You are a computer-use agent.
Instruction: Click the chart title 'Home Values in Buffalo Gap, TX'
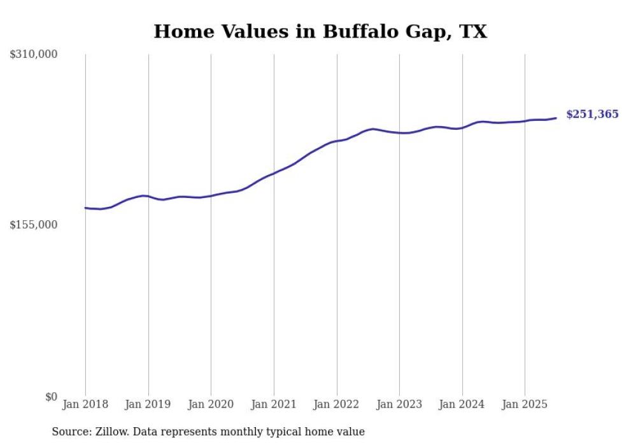320,31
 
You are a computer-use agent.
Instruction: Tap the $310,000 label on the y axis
34,55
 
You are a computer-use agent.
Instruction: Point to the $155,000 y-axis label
34,225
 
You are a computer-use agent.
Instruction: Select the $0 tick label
51,397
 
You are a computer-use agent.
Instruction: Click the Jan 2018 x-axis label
85,404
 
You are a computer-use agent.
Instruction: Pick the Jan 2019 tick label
148,404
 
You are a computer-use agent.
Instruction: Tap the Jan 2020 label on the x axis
211,404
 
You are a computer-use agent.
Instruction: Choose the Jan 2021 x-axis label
274,404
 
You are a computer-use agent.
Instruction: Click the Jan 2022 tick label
336,404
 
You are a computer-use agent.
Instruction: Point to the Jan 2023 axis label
399,404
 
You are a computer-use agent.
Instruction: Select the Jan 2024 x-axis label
462,404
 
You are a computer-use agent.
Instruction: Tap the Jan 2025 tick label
525,404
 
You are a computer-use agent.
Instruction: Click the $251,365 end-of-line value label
592,115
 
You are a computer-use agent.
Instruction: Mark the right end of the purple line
556,118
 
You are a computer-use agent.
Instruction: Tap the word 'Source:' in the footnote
70,432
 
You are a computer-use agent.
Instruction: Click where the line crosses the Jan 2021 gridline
274,173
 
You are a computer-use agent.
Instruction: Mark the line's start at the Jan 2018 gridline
85,208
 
